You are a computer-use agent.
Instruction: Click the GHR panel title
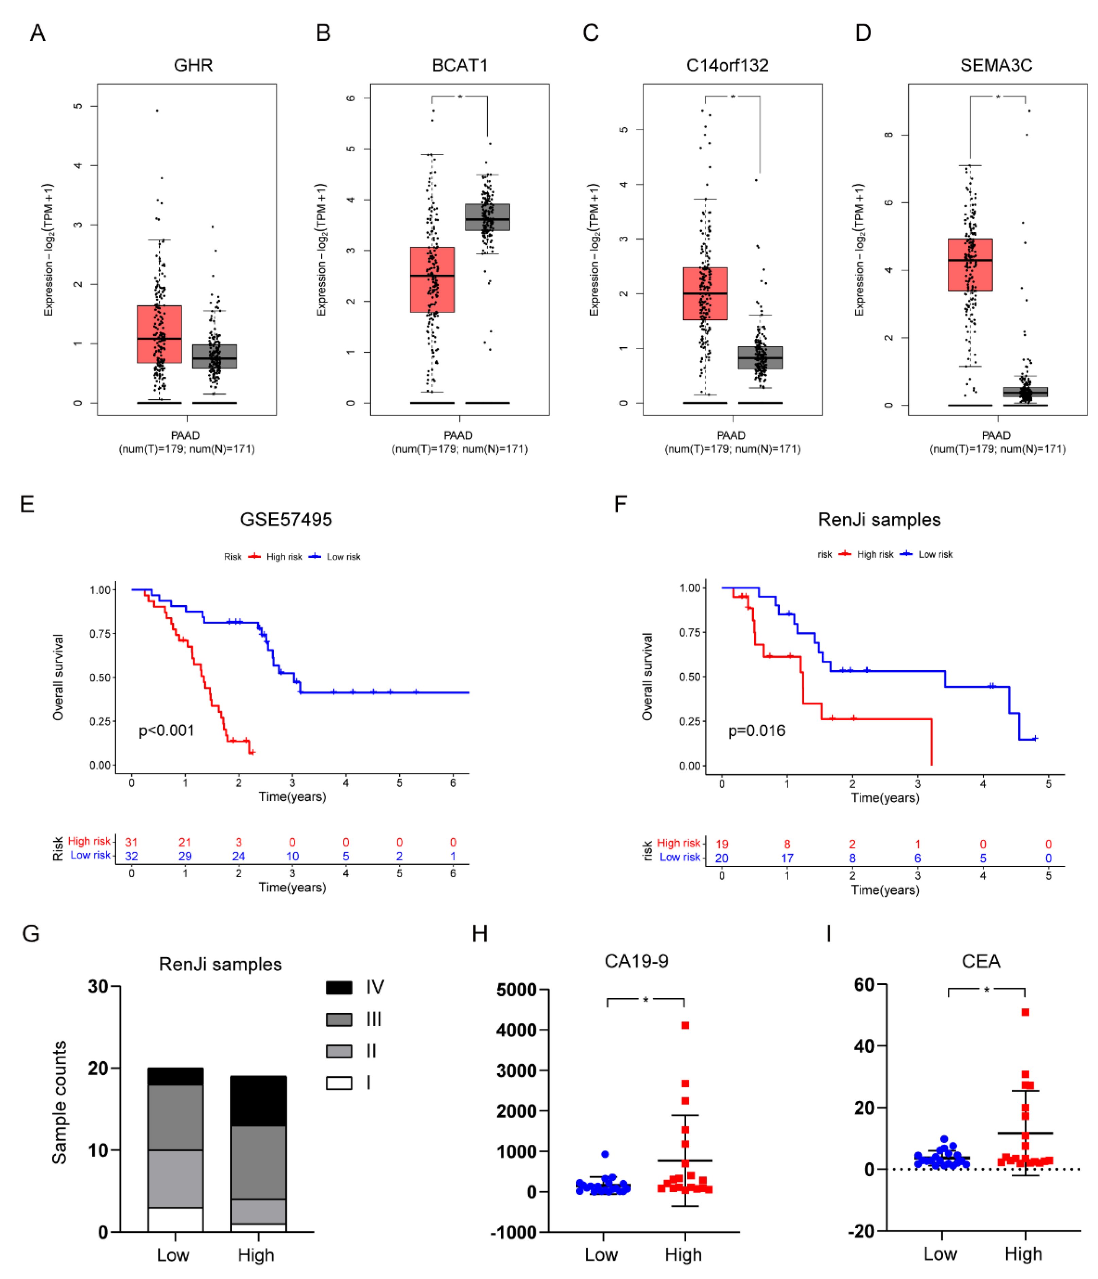[193, 65]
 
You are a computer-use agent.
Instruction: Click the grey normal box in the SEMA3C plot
[1025, 392]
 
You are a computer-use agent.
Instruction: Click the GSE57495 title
[286, 520]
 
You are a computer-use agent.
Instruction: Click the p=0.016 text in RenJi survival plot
[757, 731]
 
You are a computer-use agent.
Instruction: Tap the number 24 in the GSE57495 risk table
[238, 857]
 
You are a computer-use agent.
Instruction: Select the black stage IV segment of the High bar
[258, 1102]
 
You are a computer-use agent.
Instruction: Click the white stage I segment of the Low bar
[175, 1220]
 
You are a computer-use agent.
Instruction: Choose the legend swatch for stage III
[339, 1020]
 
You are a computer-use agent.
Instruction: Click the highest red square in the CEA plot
[1025, 1012]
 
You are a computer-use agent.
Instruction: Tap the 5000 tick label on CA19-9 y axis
[516, 990]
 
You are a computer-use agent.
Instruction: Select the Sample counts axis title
[59, 1104]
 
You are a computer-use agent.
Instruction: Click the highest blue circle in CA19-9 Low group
[605, 1154]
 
